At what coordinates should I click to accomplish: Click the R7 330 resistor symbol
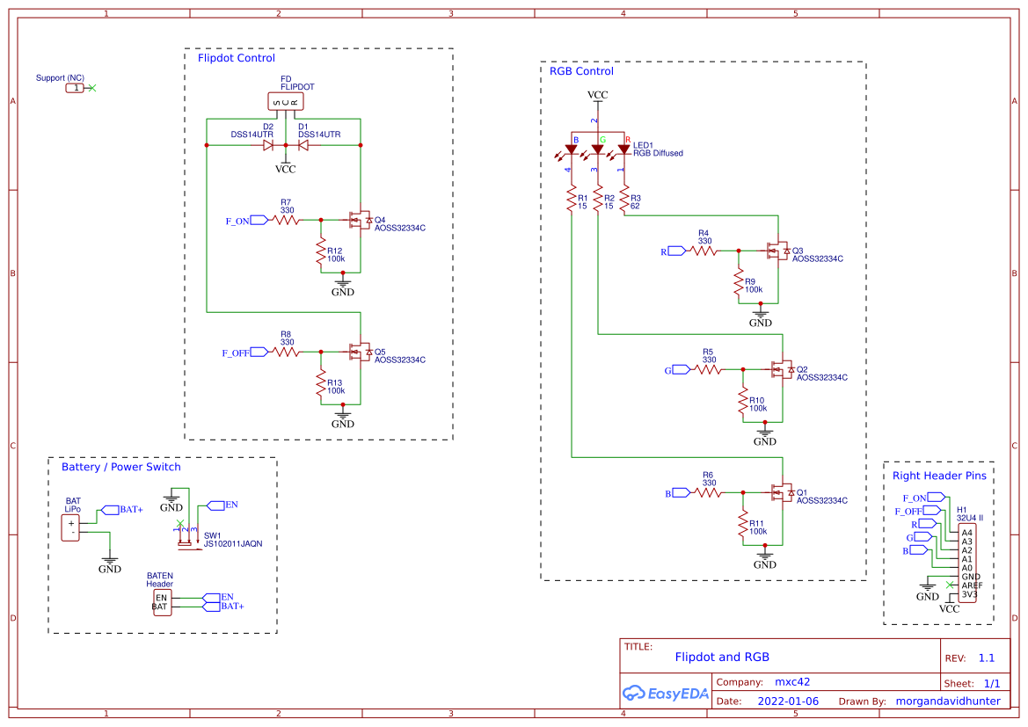[286, 220]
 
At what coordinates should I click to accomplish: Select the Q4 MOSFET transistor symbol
[359, 220]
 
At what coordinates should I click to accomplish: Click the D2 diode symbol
[267, 145]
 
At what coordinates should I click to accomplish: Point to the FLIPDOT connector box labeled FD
[285, 102]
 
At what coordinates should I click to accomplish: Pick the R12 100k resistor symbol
[321, 253]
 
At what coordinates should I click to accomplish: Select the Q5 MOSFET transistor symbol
[359, 353]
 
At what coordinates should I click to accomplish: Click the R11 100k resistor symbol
[743, 526]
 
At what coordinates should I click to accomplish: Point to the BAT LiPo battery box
[71, 528]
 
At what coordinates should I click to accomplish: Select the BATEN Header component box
[161, 602]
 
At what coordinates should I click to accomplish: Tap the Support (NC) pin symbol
[77, 88]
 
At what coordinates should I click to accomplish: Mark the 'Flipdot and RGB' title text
[722, 657]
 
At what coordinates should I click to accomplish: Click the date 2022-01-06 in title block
[788, 702]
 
